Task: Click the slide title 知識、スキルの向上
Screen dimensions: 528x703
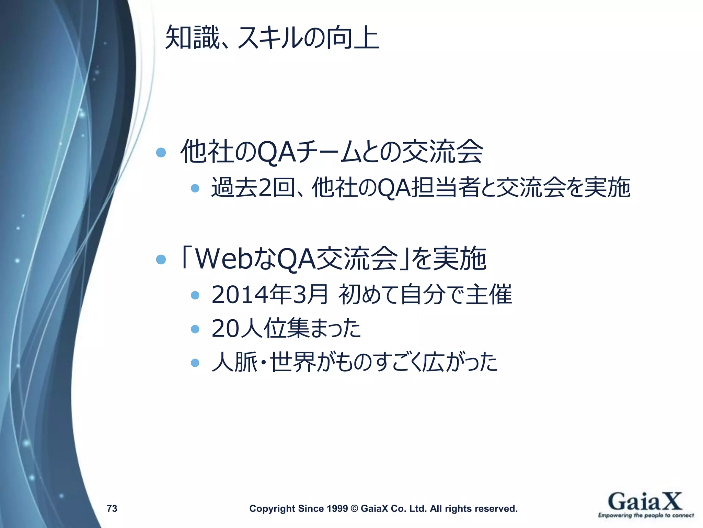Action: pos(272,37)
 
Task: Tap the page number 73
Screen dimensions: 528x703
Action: pos(112,508)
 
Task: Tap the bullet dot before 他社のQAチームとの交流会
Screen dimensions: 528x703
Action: pos(161,152)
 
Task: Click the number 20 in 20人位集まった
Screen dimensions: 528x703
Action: pos(225,328)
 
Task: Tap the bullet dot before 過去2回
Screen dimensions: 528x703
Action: pos(195,188)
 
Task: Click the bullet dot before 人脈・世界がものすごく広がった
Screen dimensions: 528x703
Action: pos(195,363)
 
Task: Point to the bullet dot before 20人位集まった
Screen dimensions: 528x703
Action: pos(195,329)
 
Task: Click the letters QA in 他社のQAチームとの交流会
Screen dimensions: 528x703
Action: pos(276,152)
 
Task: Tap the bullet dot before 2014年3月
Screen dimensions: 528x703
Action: pos(195,295)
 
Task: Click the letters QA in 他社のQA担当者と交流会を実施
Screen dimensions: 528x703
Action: pos(394,188)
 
